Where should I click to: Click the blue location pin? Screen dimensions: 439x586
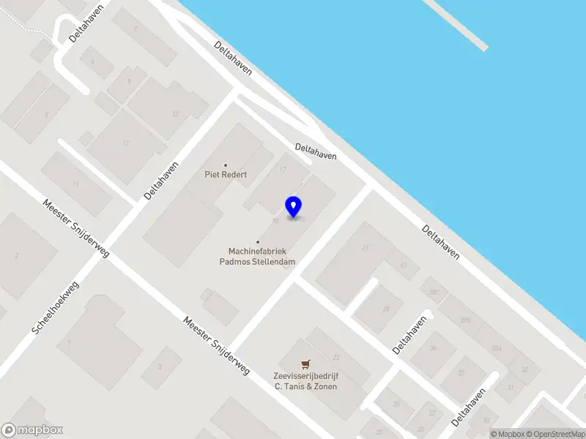coord(294,206)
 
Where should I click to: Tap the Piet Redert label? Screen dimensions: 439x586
coord(226,175)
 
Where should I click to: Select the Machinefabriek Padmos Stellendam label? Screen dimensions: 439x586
coord(258,255)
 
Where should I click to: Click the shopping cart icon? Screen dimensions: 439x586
coord(305,364)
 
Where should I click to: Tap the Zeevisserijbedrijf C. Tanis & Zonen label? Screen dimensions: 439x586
coord(305,381)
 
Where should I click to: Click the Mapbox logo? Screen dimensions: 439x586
coord(32,430)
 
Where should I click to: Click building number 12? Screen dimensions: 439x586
coord(126,143)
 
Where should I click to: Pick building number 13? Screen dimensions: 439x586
coord(175,113)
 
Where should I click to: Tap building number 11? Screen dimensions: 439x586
coord(75,184)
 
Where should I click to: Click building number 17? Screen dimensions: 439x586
coord(283,170)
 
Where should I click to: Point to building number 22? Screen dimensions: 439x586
coord(336,357)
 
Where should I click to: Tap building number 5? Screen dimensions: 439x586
coord(47,115)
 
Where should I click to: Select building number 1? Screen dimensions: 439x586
coord(69,342)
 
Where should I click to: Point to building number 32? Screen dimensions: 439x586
coord(524,370)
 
